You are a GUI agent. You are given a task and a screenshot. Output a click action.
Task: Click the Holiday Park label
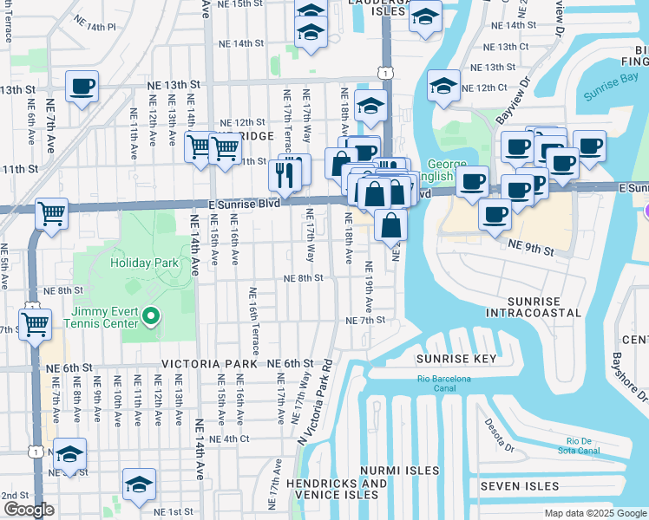coord(144,262)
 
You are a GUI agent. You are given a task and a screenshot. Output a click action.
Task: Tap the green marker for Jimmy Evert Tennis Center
coord(152,316)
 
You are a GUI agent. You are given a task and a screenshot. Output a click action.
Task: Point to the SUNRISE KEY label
coord(456,359)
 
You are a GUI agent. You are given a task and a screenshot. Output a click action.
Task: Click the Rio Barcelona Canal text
coord(443,383)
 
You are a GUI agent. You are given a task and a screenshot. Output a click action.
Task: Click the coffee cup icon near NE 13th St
coord(82,86)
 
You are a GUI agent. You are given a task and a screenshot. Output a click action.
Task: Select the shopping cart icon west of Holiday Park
coord(51,212)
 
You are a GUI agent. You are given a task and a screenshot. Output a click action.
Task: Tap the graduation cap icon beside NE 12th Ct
coord(442,85)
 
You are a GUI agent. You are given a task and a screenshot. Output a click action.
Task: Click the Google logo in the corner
coord(28,510)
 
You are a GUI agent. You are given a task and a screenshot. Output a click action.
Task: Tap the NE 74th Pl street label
coord(95,28)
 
